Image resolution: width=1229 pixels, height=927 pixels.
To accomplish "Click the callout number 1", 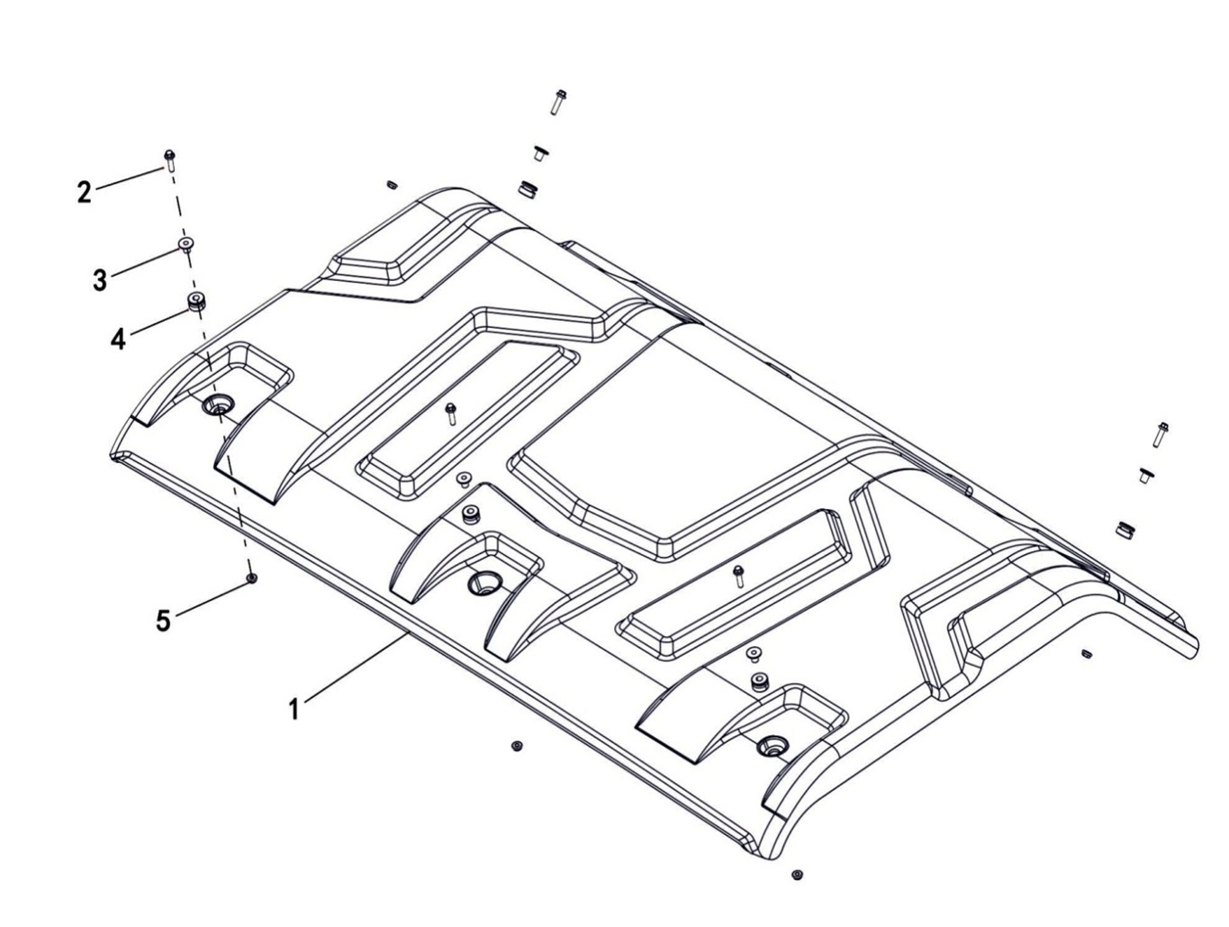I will [294, 709].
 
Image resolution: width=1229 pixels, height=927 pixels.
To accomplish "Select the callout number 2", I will [84, 191].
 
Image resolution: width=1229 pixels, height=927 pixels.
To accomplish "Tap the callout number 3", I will [99, 279].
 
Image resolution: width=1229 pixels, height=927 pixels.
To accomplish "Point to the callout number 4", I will [118, 339].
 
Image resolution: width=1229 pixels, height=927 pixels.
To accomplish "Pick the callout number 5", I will [163, 620].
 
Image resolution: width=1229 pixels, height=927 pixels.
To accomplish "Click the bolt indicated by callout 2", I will [169, 159].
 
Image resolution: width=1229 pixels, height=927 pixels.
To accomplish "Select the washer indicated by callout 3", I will [185, 244].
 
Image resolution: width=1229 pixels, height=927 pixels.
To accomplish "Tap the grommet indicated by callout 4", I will [194, 300].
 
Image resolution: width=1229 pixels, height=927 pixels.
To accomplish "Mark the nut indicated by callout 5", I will [252, 577].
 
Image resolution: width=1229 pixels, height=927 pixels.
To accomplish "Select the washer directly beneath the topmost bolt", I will [540, 152].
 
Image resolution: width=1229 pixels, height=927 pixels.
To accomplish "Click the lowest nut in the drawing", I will [797, 874].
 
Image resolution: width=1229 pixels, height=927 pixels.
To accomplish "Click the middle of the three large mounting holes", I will [482, 582].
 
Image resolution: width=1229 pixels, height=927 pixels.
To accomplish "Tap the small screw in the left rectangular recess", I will [452, 414].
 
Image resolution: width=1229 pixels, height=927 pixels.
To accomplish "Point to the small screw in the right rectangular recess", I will [738, 575].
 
